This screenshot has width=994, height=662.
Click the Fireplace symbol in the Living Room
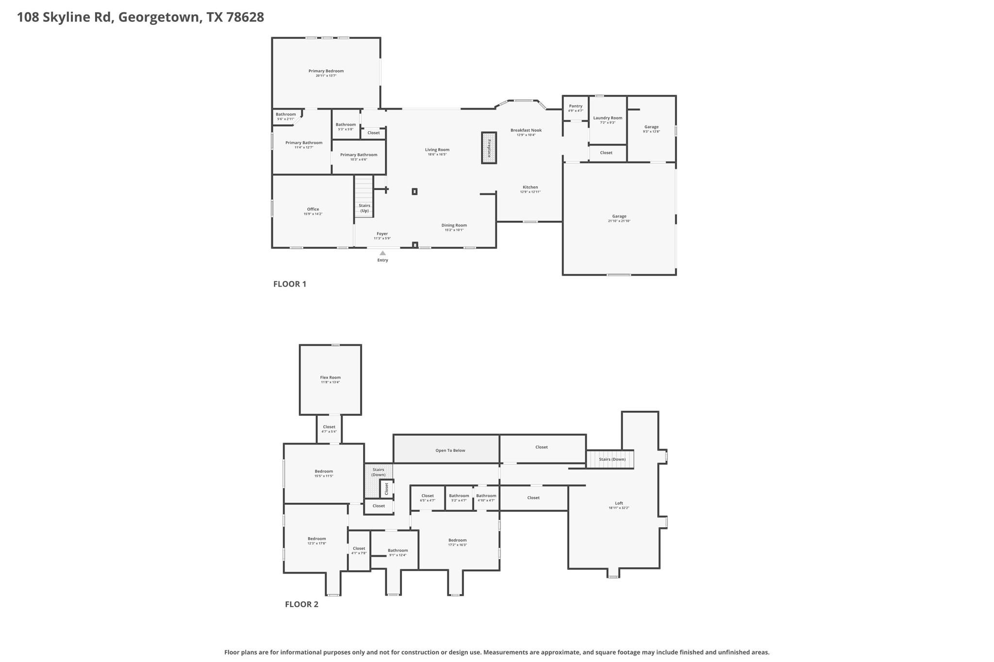tap(489, 147)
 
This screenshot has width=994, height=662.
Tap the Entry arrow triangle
tap(382, 253)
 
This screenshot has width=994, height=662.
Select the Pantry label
tap(576, 106)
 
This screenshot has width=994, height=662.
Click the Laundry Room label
tap(607, 118)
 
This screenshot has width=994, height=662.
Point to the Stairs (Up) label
tap(364, 208)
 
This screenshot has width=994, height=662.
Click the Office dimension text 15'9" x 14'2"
tap(313, 214)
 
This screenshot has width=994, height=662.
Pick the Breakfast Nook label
tap(526, 130)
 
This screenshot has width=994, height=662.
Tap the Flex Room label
tap(330, 377)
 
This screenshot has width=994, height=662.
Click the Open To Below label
tap(450, 451)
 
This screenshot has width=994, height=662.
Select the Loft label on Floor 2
tap(619, 503)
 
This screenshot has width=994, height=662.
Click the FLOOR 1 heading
tap(290, 284)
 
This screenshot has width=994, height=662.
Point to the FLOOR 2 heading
tap(301, 604)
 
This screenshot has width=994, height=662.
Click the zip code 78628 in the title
tap(245, 17)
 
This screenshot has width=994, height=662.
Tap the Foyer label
tap(382, 234)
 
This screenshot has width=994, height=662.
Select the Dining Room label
tap(454, 225)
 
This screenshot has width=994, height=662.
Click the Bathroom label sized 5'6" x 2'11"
tap(285, 114)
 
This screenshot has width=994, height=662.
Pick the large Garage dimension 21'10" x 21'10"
tap(619, 221)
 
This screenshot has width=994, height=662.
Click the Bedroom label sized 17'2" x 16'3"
tap(457, 540)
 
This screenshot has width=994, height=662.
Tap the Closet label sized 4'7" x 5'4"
tap(329, 427)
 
